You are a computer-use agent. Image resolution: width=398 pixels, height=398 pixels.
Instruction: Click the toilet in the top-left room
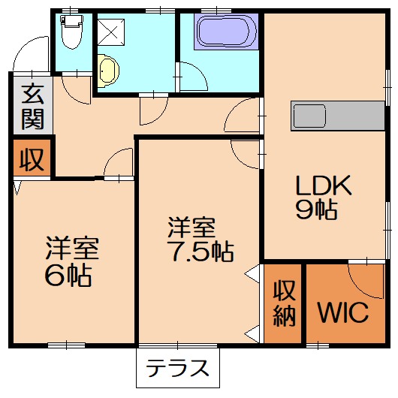coord(72,31)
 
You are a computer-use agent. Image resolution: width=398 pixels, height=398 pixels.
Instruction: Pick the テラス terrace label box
coord(177,369)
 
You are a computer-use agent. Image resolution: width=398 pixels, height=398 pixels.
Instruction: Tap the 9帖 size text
coord(315,210)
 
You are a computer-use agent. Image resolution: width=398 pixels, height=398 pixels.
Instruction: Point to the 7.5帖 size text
coord(199,250)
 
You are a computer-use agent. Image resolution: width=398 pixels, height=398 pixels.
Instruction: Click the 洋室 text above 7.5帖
coord(191,225)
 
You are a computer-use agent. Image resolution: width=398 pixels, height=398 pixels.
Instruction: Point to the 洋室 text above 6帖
coord(72,247)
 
